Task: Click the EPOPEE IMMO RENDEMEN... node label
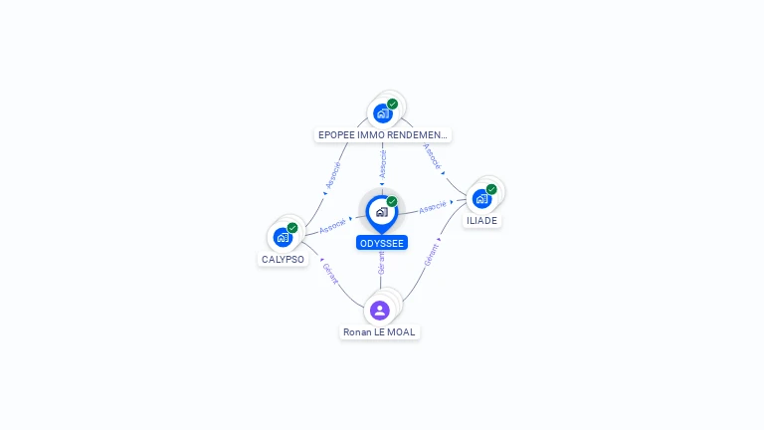pos(383,134)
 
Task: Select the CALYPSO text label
pos(283,260)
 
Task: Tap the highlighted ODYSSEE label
pos(382,243)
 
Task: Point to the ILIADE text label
pos(481,221)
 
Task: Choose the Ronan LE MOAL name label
pos(380,332)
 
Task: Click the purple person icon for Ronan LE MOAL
pos(380,310)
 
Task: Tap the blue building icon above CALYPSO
pos(283,238)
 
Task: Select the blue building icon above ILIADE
pos(481,198)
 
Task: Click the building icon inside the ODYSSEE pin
pos(381,212)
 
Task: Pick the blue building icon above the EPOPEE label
pos(382,113)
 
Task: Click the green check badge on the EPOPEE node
pos(393,104)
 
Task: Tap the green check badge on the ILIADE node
pos(491,188)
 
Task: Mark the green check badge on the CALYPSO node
pos(292,228)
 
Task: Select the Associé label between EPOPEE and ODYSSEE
pos(383,164)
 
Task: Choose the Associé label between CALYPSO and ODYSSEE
pos(332,225)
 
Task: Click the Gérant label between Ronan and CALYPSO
pos(330,272)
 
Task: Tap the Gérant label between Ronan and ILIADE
pos(431,256)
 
